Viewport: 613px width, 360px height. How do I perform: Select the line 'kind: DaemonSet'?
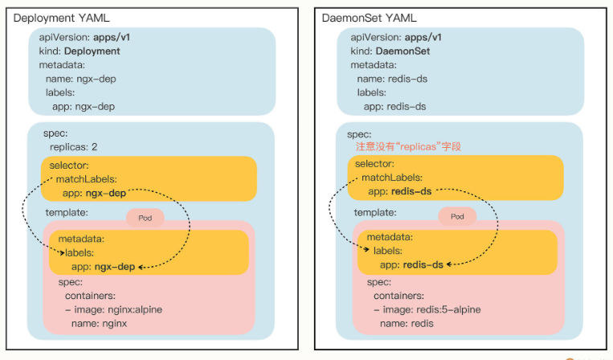click(x=392, y=51)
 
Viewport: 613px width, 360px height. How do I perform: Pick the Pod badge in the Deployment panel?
click(x=145, y=217)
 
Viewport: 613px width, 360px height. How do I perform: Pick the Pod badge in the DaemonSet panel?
click(x=457, y=217)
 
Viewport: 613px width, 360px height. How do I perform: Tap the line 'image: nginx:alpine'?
click(x=118, y=309)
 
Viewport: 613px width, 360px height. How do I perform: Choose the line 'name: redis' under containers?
click(x=407, y=323)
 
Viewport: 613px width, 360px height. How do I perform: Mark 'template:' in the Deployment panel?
click(x=67, y=213)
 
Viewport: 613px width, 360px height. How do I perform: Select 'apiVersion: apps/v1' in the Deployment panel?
click(x=86, y=37)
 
